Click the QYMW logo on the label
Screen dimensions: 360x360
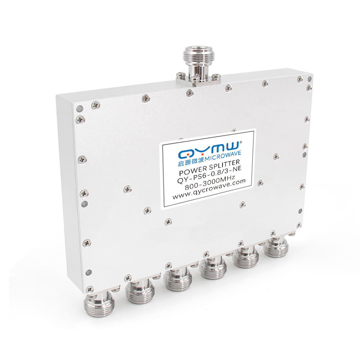pos(209,150)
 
